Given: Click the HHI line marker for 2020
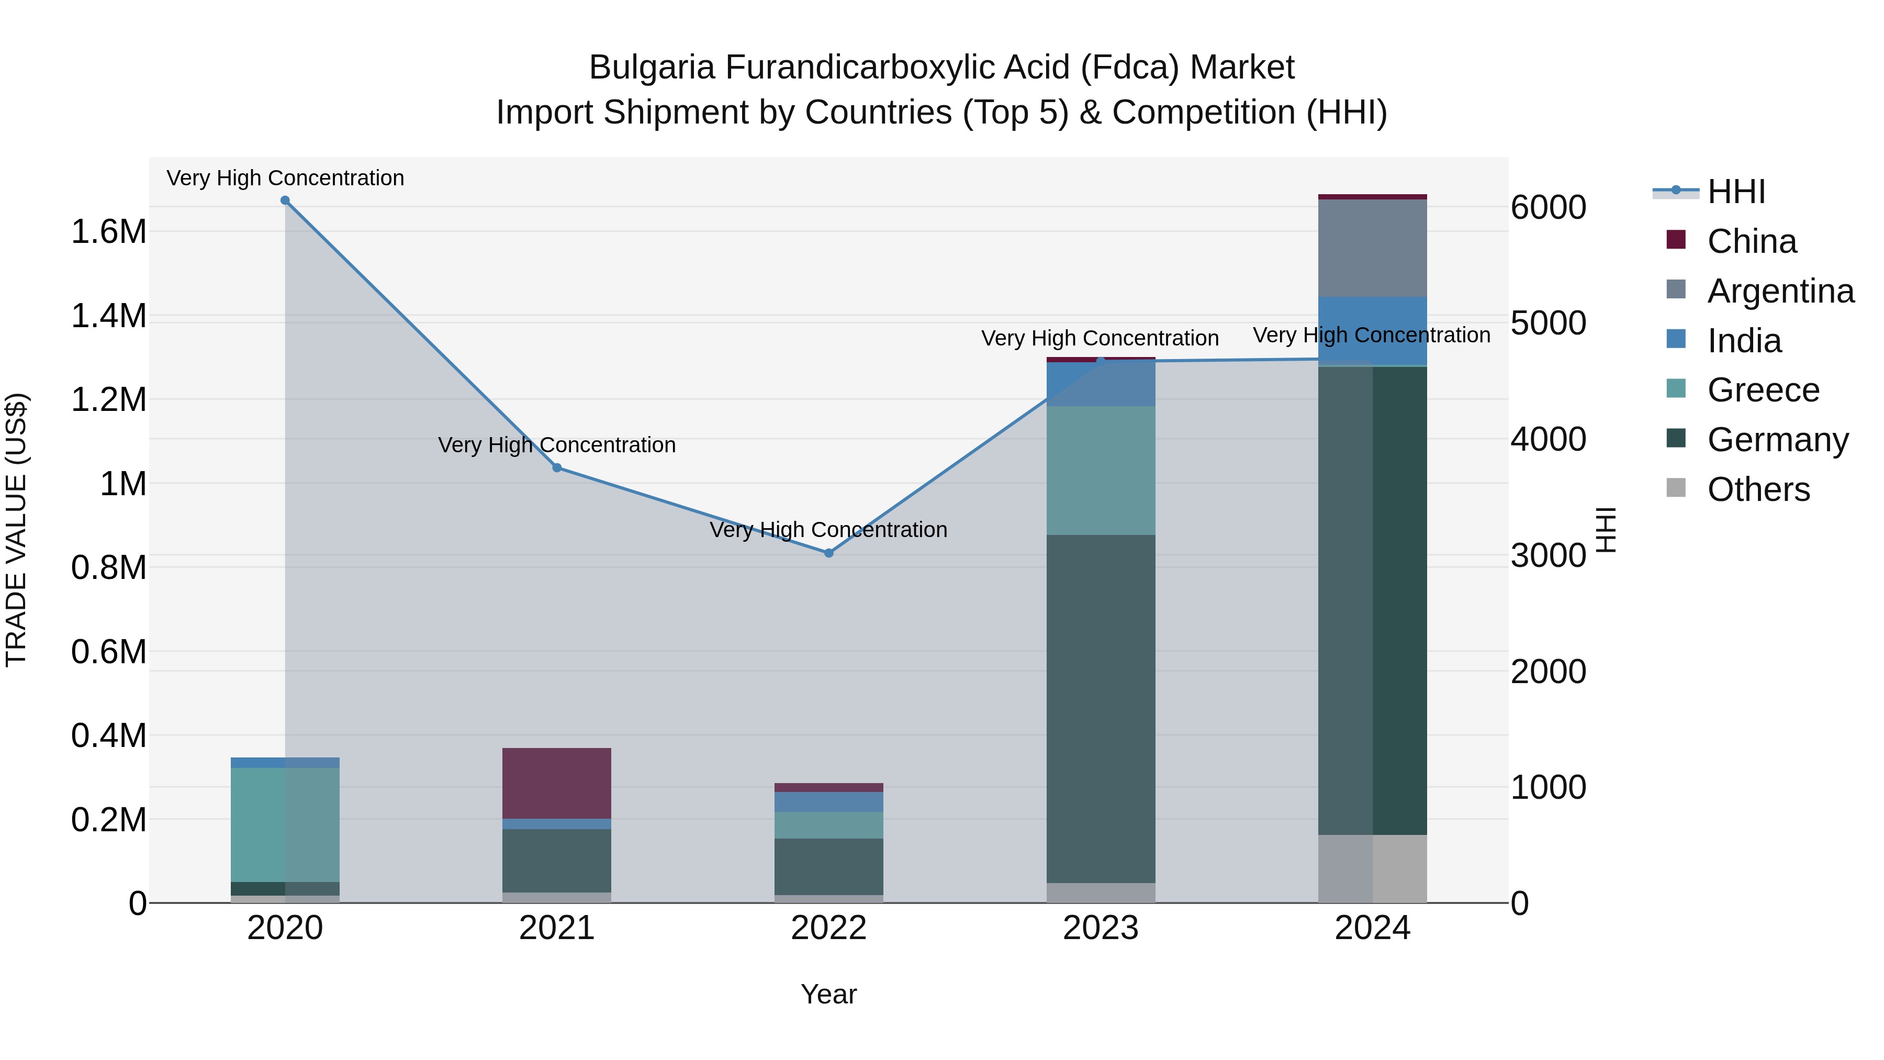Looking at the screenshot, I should click(x=285, y=200).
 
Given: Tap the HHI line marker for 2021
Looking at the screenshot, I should click(x=557, y=467).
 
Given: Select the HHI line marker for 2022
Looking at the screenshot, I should click(x=828, y=553).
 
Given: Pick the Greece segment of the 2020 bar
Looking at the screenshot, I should click(x=285, y=824).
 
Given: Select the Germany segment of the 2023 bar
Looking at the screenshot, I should click(x=1101, y=708).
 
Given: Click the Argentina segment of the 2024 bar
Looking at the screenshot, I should click(x=1372, y=248).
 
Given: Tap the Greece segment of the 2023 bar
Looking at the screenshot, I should click(x=1101, y=471).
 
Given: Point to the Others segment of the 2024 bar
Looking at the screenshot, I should click(x=1372, y=868).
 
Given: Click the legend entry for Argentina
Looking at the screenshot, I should click(x=1780, y=291).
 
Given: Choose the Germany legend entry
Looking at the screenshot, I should click(x=1777, y=440).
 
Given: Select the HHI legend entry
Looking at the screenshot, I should click(x=1736, y=192).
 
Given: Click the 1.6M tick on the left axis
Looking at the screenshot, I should click(x=108, y=232).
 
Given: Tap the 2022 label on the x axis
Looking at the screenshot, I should click(x=828, y=928).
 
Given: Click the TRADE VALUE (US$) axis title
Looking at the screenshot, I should click(x=16, y=530).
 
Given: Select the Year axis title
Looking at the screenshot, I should click(x=828, y=994).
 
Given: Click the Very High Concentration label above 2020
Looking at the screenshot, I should click(x=285, y=178).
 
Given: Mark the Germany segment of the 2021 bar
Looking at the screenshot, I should click(x=557, y=860).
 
